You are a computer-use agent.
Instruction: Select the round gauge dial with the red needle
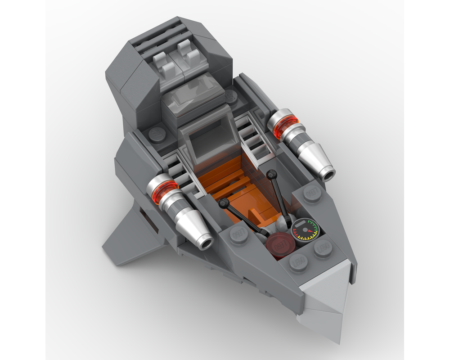point(304,229)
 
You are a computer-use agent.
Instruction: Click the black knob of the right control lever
point(271,173)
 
